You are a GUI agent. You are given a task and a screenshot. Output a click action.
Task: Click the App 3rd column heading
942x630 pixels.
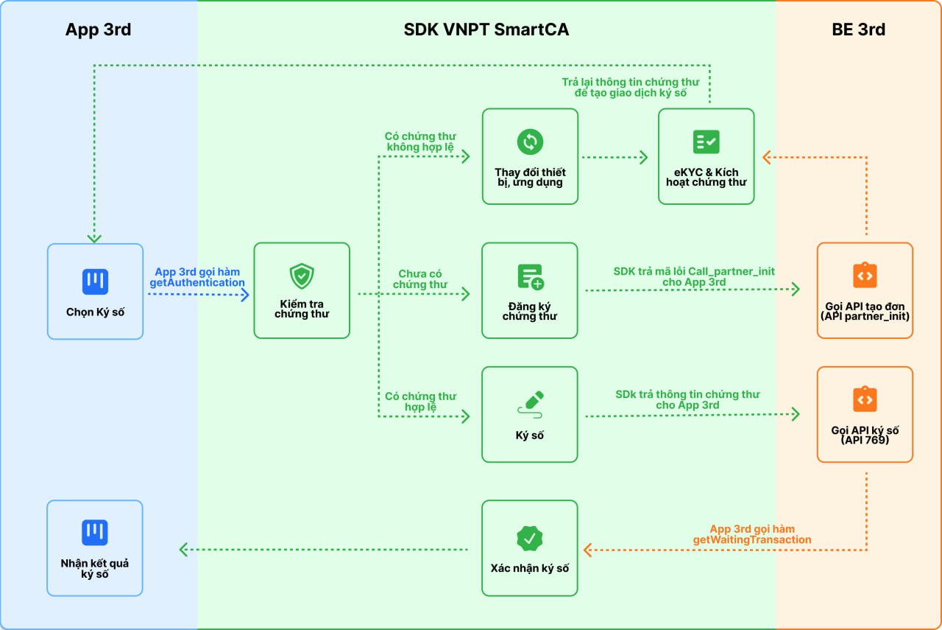coord(98,29)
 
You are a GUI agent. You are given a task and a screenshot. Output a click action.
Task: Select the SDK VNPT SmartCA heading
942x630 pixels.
coord(486,29)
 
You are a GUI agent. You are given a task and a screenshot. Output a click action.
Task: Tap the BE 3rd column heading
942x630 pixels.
coord(858,29)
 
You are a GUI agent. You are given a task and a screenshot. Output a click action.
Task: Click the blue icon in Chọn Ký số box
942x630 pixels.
coord(95,281)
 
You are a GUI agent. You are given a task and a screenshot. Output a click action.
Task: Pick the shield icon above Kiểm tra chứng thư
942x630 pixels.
coord(302,276)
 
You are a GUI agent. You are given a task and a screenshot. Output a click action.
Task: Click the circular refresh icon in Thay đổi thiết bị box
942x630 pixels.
coord(530,142)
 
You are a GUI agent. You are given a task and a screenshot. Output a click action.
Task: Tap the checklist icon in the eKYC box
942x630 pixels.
coord(706,142)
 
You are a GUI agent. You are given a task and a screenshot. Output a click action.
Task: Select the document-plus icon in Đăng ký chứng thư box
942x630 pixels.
coord(531,277)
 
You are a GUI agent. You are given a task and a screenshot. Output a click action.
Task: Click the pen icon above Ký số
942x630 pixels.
coord(531,405)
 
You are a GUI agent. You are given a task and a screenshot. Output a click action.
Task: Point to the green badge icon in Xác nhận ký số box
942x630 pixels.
coord(529,538)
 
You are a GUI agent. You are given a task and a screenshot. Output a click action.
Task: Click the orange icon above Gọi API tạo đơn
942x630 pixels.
coord(865,276)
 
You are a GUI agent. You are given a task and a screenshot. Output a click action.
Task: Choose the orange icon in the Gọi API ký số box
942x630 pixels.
coord(865,399)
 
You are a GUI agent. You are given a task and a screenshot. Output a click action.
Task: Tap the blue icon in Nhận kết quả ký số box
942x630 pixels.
coord(95,533)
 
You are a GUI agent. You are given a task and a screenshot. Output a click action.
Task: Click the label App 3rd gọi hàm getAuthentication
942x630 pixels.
coord(196,277)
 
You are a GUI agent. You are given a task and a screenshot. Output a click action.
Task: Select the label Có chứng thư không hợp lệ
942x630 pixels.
coord(420,141)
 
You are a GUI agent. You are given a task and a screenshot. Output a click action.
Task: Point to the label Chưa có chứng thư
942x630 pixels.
coord(419,279)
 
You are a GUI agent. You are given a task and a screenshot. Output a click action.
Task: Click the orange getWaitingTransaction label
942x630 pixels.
coord(752,534)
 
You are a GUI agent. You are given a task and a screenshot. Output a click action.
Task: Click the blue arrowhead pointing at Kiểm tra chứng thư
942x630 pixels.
coord(245,295)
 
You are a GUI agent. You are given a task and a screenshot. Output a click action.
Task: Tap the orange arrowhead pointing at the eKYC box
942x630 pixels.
coord(766,158)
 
